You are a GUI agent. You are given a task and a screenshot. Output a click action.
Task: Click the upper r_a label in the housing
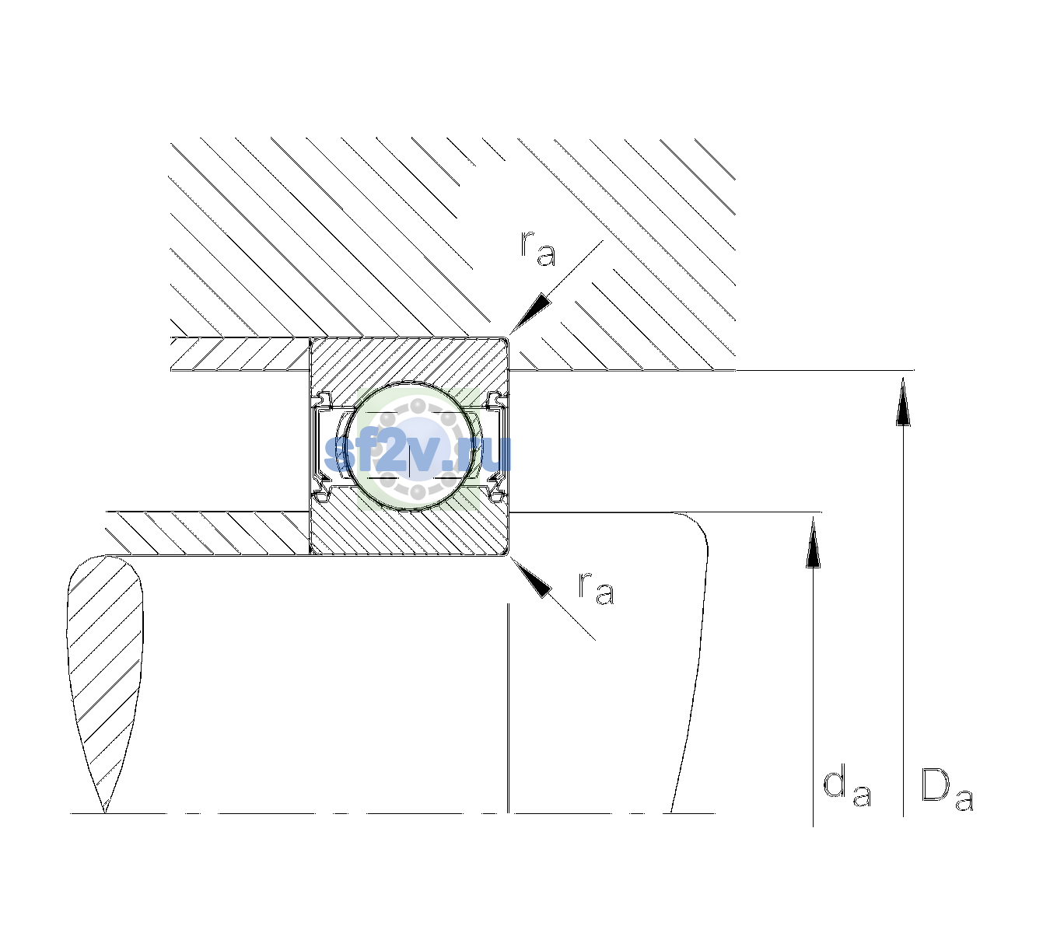pyautogui.click(x=537, y=249)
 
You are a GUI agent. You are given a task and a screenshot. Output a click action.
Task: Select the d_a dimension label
pyautogui.click(x=847, y=787)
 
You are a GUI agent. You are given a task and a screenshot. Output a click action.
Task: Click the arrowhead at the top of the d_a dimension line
pyautogui.click(x=813, y=542)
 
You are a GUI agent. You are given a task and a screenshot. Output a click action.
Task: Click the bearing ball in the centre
pyautogui.click(x=410, y=446)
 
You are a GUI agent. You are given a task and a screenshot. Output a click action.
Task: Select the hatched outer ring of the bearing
pyautogui.click(x=409, y=362)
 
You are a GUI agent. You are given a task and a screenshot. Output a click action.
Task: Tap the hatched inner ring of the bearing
pyautogui.click(x=409, y=529)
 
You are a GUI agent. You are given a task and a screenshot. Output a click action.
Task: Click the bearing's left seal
pyautogui.click(x=321, y=446)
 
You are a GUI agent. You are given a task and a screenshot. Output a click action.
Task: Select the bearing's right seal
pyautogui.click(x=498, y=446)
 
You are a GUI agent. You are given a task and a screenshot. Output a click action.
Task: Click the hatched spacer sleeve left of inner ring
pyautogui.click(x=208, y=533)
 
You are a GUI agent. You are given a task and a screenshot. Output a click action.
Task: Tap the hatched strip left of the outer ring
pyautogui.click(x=240, y=355)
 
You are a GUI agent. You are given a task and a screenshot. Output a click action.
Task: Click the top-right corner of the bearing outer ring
pyautogui.click(x=509, y=339)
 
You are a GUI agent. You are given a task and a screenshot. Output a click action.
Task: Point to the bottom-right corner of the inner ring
pyautogui.click(x=509, y=554)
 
